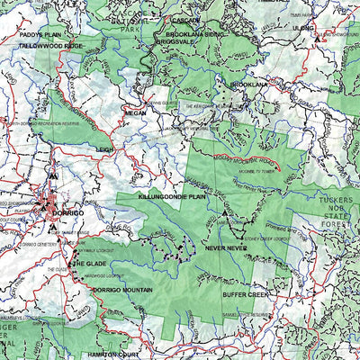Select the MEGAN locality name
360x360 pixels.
136,113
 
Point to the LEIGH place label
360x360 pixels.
105,150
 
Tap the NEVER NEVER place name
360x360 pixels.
225,246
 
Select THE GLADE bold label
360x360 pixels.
90,264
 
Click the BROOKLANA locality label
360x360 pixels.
249,84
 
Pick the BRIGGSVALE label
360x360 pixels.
175,40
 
